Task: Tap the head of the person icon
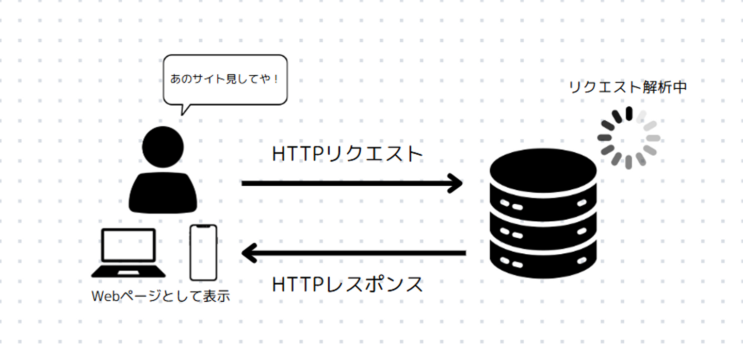coord(163,147)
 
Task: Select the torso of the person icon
coord(163,192)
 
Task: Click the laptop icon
coord(128,253)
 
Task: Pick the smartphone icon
coord(203,253)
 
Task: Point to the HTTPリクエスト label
coord(347,154)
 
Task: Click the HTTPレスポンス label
coord(347,285)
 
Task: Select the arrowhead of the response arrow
coord(249,253)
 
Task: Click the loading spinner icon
coord(628,138)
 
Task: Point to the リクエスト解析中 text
coord(627,87)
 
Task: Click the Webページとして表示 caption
coord(160,296)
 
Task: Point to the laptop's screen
coord(128,245)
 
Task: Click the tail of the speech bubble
coord(184,110)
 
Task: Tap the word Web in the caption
coord(105,297)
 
